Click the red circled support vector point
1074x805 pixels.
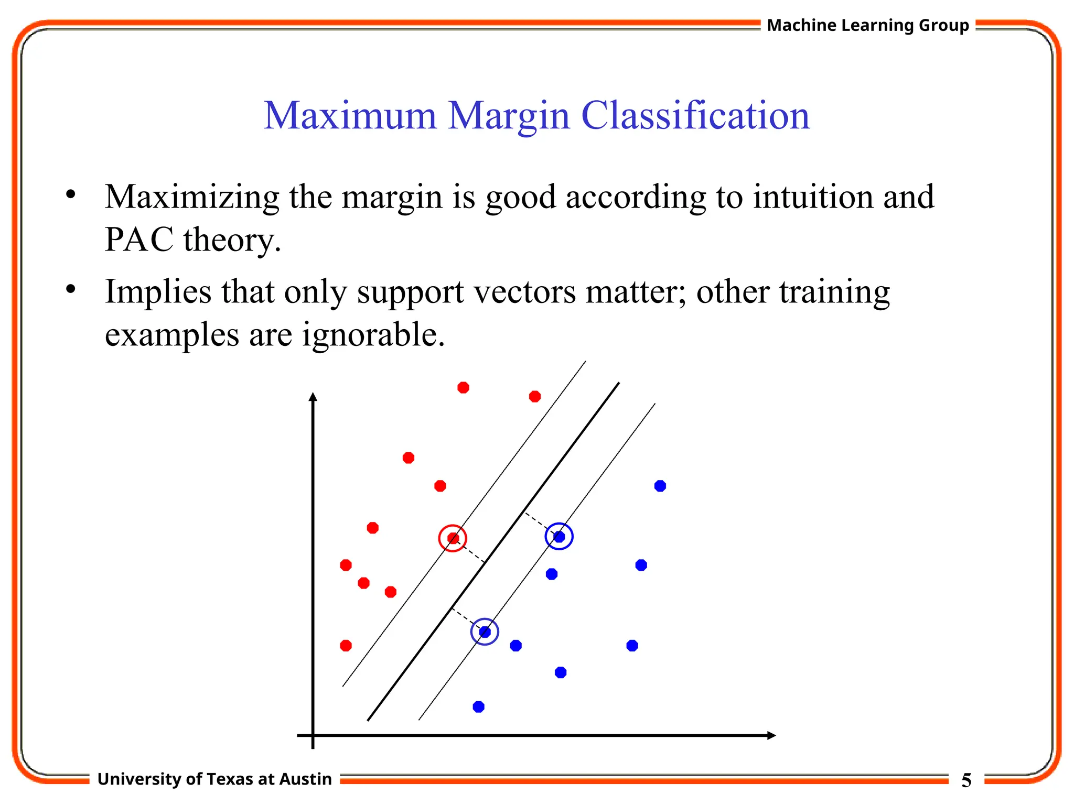[453, 538]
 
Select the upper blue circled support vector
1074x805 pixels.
[559, 537]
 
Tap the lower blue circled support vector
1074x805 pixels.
[485, 632]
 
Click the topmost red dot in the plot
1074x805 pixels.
[463, 388]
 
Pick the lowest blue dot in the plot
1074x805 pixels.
[478, 707]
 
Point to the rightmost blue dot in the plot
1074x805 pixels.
[660, 486]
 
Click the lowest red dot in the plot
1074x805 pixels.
[346, 646]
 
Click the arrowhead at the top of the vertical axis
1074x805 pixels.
[313, 397]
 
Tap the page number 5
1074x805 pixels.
[966, 780]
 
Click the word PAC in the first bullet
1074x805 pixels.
[139, 240]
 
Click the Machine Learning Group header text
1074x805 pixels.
[868, 25]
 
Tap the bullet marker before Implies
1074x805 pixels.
[71, 289]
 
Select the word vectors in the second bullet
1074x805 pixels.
[525, 292]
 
